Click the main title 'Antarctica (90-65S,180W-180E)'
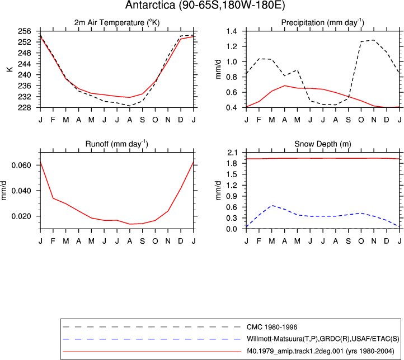tap(205, 6)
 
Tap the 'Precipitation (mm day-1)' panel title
tap(322, 23)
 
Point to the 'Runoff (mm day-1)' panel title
tap(117, 144)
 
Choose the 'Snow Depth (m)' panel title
tap(323, 144)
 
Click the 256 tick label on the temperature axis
tap(24, 31)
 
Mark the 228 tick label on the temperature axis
tap(24, 107)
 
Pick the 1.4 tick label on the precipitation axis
tap(231, 31)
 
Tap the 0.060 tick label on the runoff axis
tap(21, 165)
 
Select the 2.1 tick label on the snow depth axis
tap(232, 153)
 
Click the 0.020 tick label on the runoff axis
tap(21, 216)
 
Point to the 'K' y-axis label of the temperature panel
tap(10, 69)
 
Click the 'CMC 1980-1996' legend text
tap(272, 327)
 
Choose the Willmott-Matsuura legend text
tap(323, 339)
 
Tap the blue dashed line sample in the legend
tap(152, 339)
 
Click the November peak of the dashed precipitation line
tap(374, 40)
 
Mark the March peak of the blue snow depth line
tap(272, 205)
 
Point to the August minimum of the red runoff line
tap(130, 224)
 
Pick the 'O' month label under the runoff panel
tap(155, 241)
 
